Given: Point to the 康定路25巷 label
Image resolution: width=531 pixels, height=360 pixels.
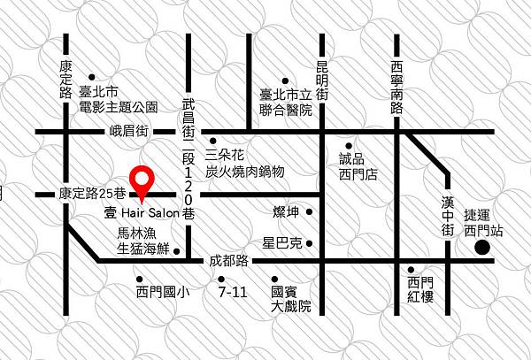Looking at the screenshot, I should (x=93, y=193).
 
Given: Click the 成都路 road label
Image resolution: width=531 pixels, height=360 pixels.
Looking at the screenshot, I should (x=229, y=262).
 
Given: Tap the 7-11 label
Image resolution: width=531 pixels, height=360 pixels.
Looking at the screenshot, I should (x=231, y=291).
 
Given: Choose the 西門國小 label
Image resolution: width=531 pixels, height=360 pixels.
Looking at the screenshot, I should (x=164, y=291).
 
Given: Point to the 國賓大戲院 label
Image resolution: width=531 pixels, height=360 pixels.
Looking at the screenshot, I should (x=292, y=299).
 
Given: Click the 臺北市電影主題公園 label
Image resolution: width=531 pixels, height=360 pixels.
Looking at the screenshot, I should (x=118, y=99).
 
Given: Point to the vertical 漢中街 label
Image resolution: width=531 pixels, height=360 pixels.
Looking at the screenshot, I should (x=448, y=212).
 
